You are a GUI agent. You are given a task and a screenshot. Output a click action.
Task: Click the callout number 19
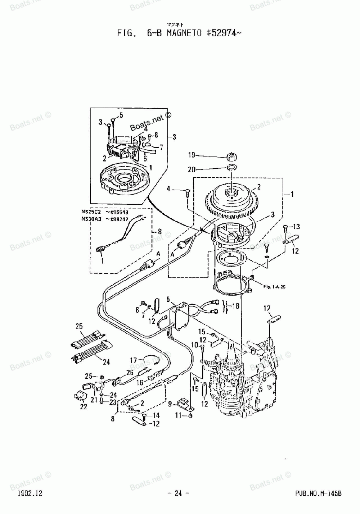(191, 155)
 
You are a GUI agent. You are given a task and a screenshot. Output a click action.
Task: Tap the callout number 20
(191, 169)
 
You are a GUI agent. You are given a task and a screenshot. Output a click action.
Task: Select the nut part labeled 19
(230, 157)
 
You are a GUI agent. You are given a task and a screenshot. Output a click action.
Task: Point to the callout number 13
(296, 227)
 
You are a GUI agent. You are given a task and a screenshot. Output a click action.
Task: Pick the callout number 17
(133, 360)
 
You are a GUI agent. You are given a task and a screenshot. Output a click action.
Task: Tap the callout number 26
(130, 373)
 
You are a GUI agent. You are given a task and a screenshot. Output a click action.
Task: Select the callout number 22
(84, 407)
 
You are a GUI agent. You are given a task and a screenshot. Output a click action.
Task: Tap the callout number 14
(156, 415)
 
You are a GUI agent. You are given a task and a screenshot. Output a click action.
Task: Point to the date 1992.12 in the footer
(30, 493)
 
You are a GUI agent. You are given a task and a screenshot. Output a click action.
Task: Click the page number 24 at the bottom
(178, 493)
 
